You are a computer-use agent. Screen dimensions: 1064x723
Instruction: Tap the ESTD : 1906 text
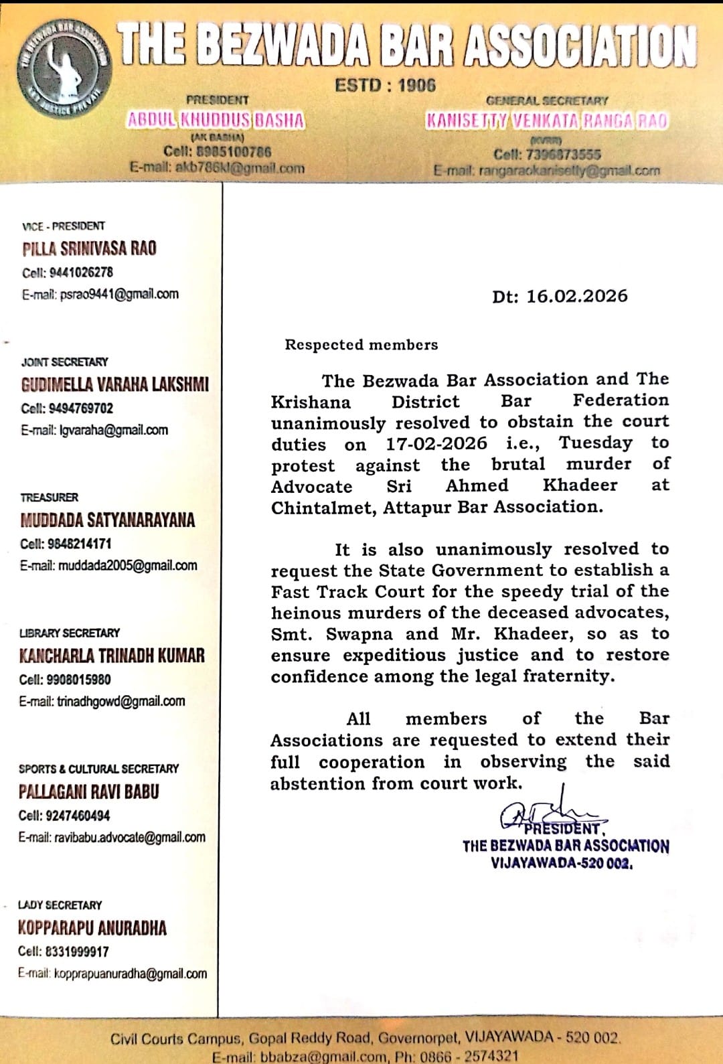(385, 86)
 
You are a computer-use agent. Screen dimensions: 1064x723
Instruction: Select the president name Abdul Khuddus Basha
(216, 121)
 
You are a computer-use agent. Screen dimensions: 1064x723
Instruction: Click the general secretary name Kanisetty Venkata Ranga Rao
(546, 121)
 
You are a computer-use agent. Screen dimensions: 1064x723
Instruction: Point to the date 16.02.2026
(576, 297)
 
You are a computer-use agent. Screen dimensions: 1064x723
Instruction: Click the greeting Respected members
(361, 345)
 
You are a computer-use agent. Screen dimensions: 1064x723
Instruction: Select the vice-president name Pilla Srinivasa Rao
(89, 249)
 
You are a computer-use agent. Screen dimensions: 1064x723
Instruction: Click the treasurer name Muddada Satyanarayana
(107, 520)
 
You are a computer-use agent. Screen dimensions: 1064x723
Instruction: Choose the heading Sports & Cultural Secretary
(98, 769)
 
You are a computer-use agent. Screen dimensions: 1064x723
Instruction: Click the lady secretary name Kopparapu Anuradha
(92, 928)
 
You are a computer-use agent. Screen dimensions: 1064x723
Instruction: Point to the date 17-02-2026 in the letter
(436, 443)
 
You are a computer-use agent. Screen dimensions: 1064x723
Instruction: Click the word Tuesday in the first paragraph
(595, 443)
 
